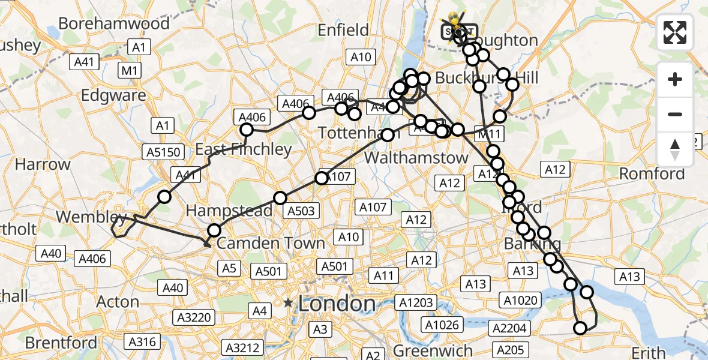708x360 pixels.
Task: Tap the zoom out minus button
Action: tap(675, 114)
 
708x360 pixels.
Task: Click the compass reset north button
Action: tap(675, 149)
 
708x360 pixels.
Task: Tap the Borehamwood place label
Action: tap(114, 24)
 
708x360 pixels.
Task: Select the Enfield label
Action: tap(343, 30)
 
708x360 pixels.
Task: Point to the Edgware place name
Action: tap(113, 95)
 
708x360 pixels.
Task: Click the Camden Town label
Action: tap(271, 243)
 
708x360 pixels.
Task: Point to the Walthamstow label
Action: tap(416, 158)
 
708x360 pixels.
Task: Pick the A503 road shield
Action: tap(301, 211)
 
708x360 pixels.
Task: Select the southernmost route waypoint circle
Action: tap(580, 328)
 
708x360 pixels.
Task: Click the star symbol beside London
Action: tap(289, 303)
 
